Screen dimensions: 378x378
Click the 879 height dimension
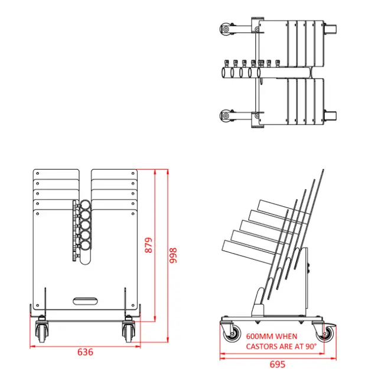(x=148, y=245)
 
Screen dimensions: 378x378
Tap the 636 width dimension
(x=86, y=352)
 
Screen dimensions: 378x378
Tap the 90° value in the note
(x=309, y=346)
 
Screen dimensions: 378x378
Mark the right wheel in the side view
(x=327, y=334)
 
